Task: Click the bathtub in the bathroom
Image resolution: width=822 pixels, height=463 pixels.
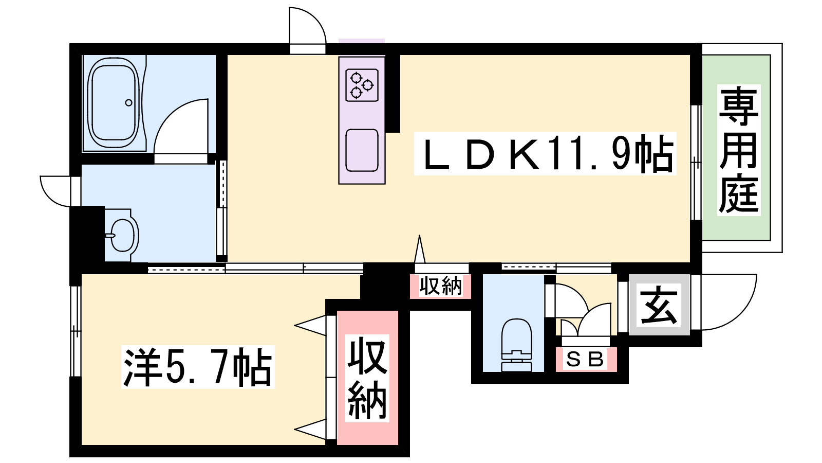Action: (115, 103)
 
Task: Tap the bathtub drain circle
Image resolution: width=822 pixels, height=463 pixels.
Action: (128, 102)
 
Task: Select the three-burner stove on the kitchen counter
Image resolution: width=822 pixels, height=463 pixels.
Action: (362, 85)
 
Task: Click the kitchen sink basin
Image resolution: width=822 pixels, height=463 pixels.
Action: (362, 150)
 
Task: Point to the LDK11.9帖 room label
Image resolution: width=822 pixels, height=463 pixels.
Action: (545, 153)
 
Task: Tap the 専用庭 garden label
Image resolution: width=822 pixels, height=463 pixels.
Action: (739, 150)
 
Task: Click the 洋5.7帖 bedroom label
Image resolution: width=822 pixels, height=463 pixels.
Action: (198, 367)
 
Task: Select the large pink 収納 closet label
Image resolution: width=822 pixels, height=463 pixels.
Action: (367, 378)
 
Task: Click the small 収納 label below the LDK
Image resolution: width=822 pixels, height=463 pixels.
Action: (441, 286)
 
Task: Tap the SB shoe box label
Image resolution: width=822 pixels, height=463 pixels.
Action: (585, 360)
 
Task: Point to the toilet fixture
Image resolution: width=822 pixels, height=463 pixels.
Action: (517, 345)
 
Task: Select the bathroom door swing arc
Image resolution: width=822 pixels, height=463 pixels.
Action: (181, 131)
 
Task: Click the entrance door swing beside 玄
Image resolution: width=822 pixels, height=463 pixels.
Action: (724, 302)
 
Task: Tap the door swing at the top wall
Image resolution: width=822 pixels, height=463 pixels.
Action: (308, 31)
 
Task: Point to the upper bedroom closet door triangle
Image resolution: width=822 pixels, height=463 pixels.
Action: (310, 325)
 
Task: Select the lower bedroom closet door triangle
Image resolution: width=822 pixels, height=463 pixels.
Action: (310, 429)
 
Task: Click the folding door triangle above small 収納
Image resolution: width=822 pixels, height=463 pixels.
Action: (419, 249)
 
